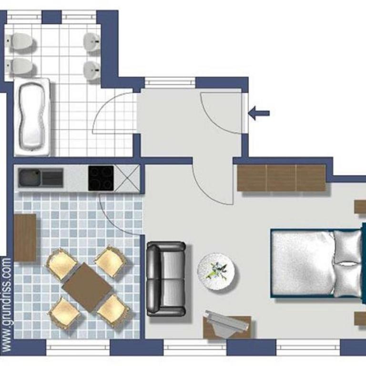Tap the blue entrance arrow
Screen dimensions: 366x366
click(259, 113)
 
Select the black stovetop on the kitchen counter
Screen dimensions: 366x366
click(101, 178)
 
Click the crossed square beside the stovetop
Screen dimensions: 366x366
click(127, 178)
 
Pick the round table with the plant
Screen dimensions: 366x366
click(216, 272)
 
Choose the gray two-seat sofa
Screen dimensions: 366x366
click(166, 279)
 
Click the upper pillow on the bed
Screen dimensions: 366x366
click(347, 246)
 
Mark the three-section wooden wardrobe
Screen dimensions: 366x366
click(282, 178)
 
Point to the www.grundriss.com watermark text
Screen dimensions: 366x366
click(7, 305)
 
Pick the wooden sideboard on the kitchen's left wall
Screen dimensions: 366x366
click(25, 237)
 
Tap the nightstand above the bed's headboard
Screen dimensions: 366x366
click(360, 206)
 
